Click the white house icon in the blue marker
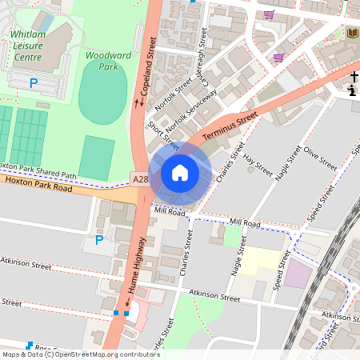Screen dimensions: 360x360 (x=180, y=173)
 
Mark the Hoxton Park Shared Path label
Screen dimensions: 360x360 (x=39, y=170)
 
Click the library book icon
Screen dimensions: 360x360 (x=352, y=33)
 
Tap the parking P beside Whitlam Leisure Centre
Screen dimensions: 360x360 (x=34, y=82)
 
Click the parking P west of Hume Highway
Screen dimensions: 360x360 (x=99, y=239)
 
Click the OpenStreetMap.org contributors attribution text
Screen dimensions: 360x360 (x=104, y=354)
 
